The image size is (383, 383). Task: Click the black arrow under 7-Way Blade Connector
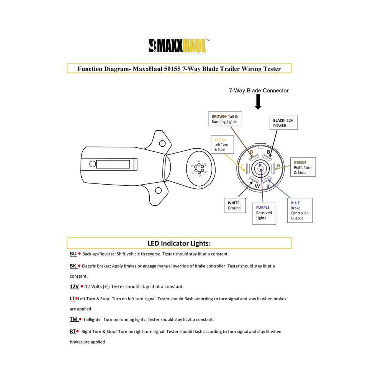pyautogui.click(x=258, y=102)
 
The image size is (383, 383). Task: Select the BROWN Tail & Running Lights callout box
pyautogui.click(x=226, y=119)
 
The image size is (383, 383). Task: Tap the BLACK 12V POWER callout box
pyautogui.click(x=283, y=123)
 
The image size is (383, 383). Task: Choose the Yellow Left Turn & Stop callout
pyautogui.click(x=222, y=144)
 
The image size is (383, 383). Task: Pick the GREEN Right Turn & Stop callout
pyautogui.click(x=303, y=167)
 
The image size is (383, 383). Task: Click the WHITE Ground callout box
pyautogui.click(x=234, y=205)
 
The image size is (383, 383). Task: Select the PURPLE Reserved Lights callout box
pyautogui.click(x=264, y=213)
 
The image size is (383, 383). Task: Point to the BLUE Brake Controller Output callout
pyautogui.click(x=300, y=210)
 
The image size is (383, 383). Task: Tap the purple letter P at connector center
pyautogui.click(x=260, y=166)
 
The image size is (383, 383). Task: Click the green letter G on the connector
pyautogui.click(x=278, y=166)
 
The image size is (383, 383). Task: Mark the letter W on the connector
pyautogui.click(x=257, y=187)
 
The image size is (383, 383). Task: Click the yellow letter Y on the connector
pyautogui.click(x=242, y=166)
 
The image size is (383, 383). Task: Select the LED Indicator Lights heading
pyautogui.click(x=179, y=243)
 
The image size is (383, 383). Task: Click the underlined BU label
pyautogui.click(x=73, y=254)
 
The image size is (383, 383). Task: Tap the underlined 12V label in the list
pyautogui.click(x=74, y=286)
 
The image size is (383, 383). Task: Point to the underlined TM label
pyautogui.click(x=74, y=319)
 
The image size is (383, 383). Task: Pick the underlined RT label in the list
pyautogui.click(x=73, y=332)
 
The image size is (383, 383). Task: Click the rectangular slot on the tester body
pyautogui.click(x=115, y=164)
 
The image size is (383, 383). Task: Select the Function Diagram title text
pyautogui.click(x=179, y=69)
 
